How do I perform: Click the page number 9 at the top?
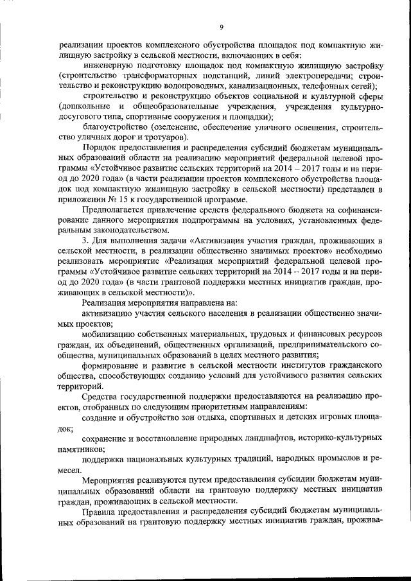point(221,27)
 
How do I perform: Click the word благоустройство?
point(114,127)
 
